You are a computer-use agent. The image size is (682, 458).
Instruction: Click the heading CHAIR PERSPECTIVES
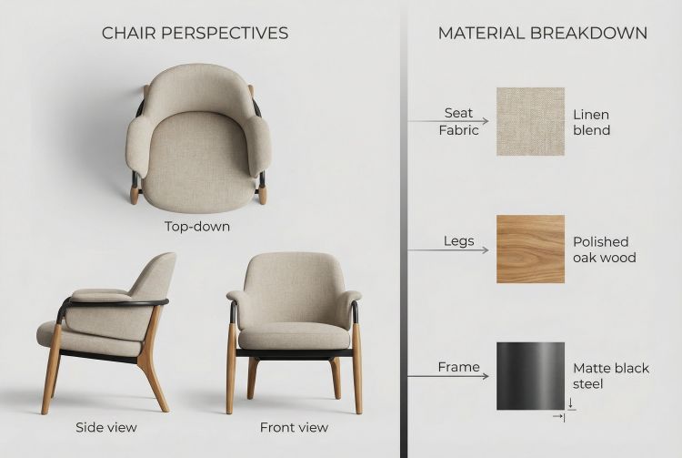[x=195, y=33]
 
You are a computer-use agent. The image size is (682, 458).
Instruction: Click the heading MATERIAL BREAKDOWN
[x=543, y=33]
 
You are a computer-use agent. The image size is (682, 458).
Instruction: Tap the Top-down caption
[x=197, y=226]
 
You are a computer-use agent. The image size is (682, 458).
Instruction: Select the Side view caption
[x=106, y=426]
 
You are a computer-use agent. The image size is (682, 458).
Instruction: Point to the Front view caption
[x=294, y=426]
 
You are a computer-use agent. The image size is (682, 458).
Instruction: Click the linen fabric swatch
[x=530, y=121]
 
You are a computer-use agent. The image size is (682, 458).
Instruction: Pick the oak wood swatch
[x=530, y=249]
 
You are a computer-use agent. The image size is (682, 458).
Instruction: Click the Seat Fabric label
[x=458, y=121]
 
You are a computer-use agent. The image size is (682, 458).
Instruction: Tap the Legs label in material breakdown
[x=459, y=240]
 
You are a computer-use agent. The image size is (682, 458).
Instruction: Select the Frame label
[x=458, y=367]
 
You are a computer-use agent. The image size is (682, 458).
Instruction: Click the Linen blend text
[x=591, y=122]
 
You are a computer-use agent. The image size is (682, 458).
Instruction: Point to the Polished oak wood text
[x=604, y=249]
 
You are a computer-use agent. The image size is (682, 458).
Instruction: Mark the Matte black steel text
[x=611, y=376]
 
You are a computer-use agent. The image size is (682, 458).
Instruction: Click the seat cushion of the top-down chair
[x=197, y=159]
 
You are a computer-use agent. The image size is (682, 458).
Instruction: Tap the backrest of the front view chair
[x=294, y=278]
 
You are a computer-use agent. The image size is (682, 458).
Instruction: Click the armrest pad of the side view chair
[x=100, y=296]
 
